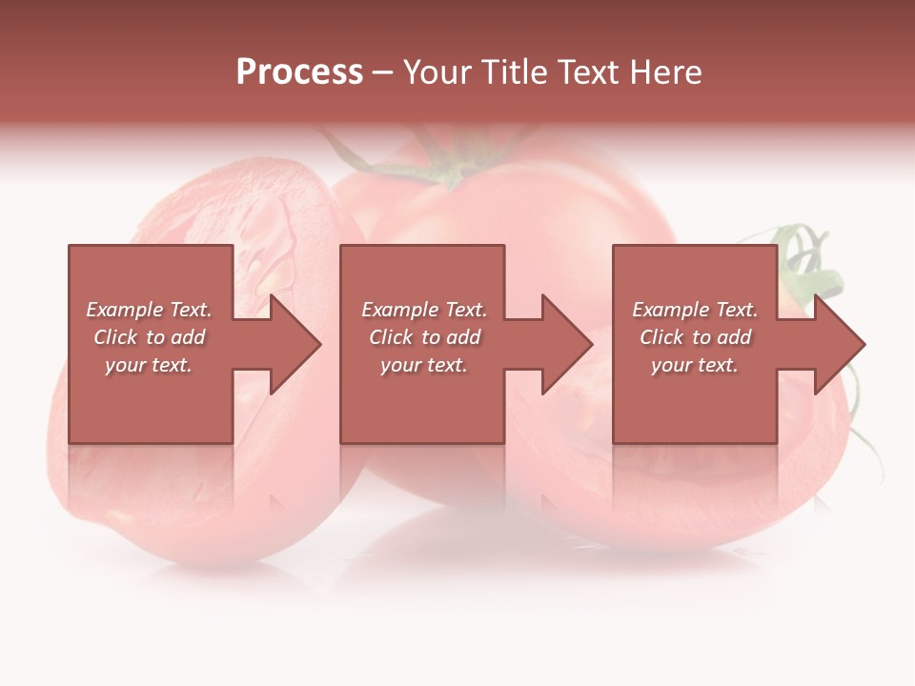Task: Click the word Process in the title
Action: coord(299,72)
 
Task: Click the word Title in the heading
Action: coord(514,72)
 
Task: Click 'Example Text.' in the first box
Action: coord(149,310)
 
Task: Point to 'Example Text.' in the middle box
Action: coord(424,310)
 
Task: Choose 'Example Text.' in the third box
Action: coord(695,310)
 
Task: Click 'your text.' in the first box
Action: coord(149,365)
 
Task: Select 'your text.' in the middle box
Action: coord(424,365)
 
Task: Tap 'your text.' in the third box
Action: coord(695,365)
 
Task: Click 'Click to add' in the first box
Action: coord(149,337)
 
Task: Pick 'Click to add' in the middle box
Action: coord(424,337)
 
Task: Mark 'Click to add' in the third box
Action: coord(695,337)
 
